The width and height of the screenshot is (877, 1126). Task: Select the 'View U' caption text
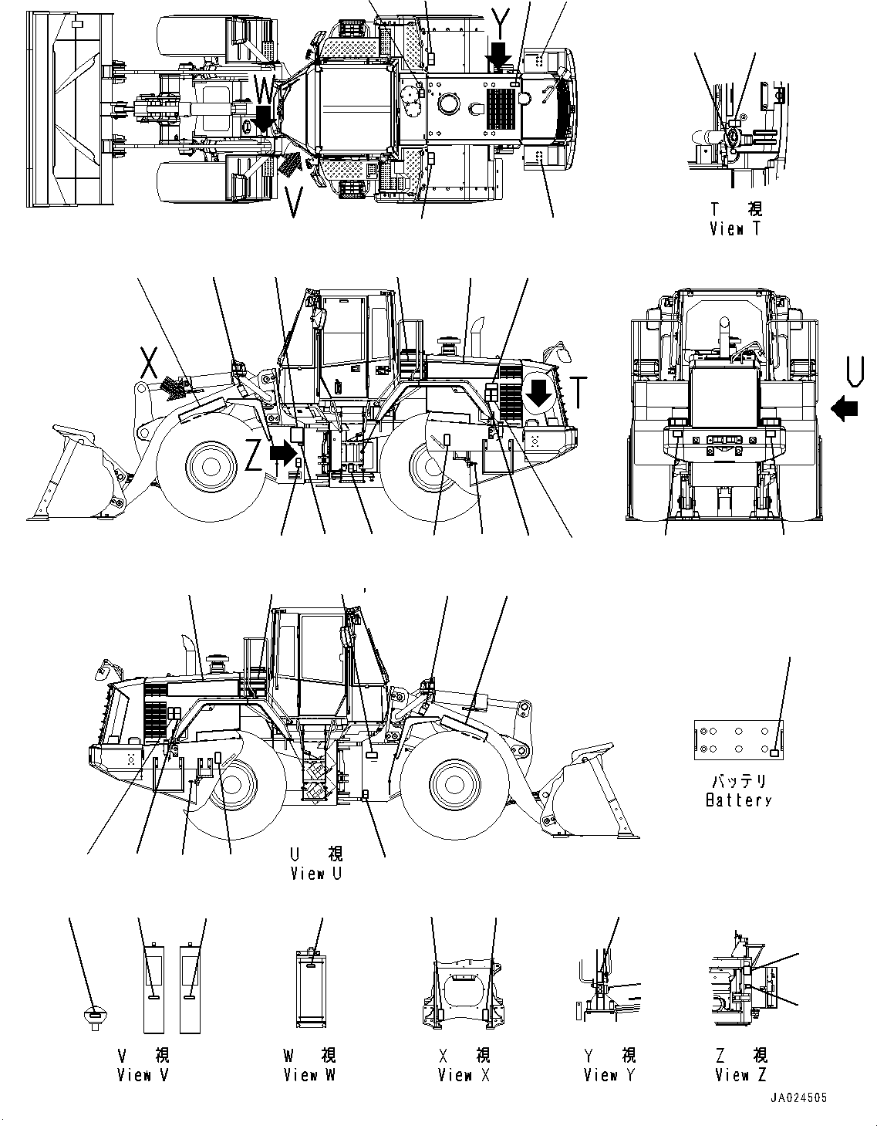[315, 874]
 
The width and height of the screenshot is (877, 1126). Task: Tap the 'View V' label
[143, 1075]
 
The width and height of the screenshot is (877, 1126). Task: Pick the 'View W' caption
[309, 1075]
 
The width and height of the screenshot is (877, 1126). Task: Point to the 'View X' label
[464, 1075]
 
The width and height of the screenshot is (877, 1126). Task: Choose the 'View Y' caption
[609, 1075]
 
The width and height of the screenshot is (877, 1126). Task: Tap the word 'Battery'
[738, 800]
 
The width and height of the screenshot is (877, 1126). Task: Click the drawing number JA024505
[798, 1098]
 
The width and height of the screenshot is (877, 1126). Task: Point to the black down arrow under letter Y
[499, 56]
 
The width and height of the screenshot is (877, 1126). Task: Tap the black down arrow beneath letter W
[263, 118]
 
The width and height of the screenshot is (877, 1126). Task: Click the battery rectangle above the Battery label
[738, 739]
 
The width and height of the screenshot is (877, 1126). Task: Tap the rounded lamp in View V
[93, 1016]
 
